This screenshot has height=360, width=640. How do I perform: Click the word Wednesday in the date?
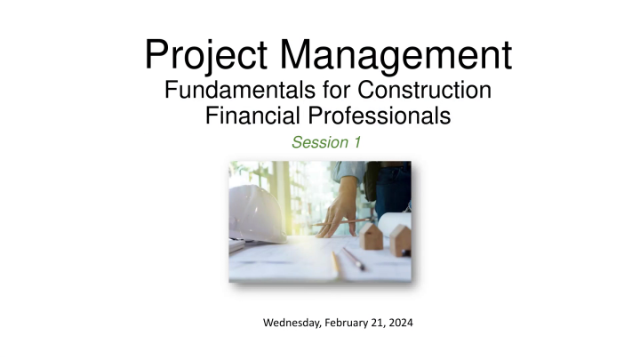point(293,323)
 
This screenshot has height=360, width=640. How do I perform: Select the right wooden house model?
point(399,239)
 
